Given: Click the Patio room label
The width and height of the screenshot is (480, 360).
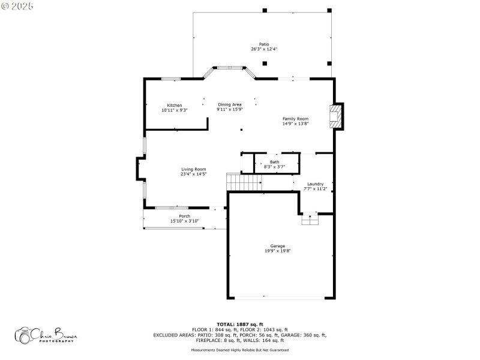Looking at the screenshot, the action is [264, 44].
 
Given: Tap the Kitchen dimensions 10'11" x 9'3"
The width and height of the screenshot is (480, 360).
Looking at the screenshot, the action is [175, 110].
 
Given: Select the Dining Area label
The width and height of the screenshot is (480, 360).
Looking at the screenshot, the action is [230, 104].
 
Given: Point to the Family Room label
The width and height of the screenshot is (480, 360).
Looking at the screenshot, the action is [295, 119].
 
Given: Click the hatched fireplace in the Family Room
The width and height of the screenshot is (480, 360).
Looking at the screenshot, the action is [335, 116].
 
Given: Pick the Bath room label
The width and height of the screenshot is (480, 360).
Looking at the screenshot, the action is [275, 162].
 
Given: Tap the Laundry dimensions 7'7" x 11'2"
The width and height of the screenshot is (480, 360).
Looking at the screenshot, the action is [316, 189].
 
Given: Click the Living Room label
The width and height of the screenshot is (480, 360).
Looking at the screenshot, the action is [194, 169].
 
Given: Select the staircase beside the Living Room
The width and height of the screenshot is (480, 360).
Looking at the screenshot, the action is [244, 182].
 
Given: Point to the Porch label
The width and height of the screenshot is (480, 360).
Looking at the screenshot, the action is [185, 216].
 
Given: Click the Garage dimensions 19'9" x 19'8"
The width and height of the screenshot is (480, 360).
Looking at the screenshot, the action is [278, 251].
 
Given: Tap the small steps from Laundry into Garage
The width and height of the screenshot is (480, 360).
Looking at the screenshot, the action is [310, 220].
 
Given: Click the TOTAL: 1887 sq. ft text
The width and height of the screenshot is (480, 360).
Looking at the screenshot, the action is [240, 325].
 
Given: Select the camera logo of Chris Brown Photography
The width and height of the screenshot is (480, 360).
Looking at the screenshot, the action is [23, 335].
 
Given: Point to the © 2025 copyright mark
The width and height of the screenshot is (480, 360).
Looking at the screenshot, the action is [17, 6].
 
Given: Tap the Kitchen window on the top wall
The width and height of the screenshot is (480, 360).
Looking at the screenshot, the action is [171, 79].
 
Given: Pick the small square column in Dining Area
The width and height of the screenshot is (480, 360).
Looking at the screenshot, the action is [242, 130].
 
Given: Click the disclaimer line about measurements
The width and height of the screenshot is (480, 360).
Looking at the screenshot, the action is [240, 350].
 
